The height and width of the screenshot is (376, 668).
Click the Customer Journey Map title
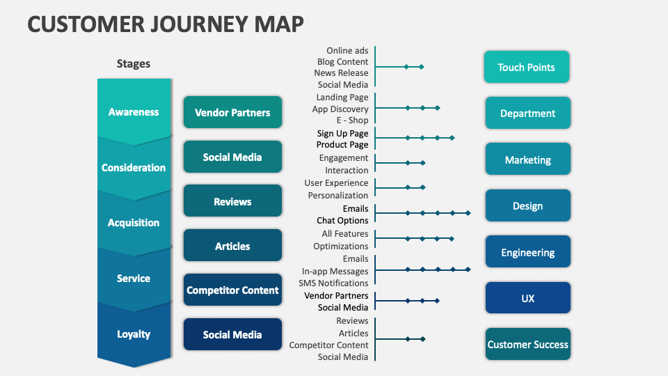166,23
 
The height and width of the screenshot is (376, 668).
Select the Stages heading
133,63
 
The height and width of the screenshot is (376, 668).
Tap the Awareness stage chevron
134,111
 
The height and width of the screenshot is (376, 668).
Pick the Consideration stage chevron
134,168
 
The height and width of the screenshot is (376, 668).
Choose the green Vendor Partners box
232,112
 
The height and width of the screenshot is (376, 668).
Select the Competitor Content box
232,290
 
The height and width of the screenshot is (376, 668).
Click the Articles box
232,246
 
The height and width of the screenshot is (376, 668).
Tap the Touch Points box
526,68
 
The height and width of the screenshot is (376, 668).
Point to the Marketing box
527,160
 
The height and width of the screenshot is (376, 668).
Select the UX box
527,298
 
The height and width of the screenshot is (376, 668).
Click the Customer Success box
527,344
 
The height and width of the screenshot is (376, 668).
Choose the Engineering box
527,253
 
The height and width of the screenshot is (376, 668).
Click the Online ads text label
347,50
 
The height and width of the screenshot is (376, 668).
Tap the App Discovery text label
340,109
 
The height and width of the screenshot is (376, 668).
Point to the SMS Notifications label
333,283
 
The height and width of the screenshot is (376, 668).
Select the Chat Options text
342,220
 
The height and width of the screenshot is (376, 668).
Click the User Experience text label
336,183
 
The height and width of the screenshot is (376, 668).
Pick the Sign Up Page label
342,133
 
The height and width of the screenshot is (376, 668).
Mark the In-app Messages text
335,271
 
